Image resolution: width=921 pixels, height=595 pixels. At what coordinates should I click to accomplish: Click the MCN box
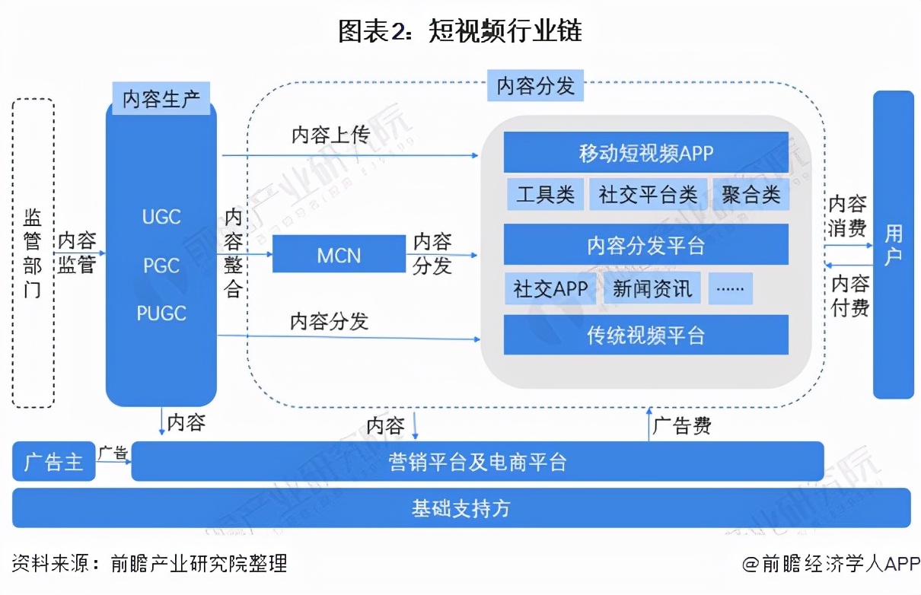click(x=339, y=254)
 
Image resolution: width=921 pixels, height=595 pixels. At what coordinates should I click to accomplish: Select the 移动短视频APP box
click(x=645, y=152)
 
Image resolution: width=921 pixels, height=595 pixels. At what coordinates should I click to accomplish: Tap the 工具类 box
click(x=545, y=195)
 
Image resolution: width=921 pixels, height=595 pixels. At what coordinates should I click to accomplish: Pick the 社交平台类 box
click(x=648, y=195)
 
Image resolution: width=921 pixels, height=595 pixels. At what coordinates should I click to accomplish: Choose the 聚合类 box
click(x=751, y=195)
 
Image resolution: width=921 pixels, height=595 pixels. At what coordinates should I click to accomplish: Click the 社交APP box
click(x=550, y=289)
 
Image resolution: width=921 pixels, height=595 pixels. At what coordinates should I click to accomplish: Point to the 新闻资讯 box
click(x=652, y=289)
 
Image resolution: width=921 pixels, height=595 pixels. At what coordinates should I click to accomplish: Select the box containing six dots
click(x=730, y=289)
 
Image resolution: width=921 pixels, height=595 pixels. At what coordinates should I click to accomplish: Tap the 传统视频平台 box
click(x=645, y=336)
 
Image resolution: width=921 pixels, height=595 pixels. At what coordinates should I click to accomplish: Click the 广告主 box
click(x=53, y=462)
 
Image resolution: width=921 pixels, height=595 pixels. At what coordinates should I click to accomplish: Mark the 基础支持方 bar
click(x=461, y=508)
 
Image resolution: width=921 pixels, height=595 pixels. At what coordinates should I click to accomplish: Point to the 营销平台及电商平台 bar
click(x=477, y=462)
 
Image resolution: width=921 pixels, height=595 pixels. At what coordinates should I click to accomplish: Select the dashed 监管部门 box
click(x=33, y=253)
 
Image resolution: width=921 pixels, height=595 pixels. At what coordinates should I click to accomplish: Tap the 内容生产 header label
click(x=161, y=99)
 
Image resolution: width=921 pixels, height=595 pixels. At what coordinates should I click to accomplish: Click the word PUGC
click(x=161, y=313)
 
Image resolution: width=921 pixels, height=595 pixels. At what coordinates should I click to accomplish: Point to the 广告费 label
click(x=682, y=425)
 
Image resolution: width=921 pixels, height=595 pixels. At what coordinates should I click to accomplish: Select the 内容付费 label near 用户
click(x=849, y=295)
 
